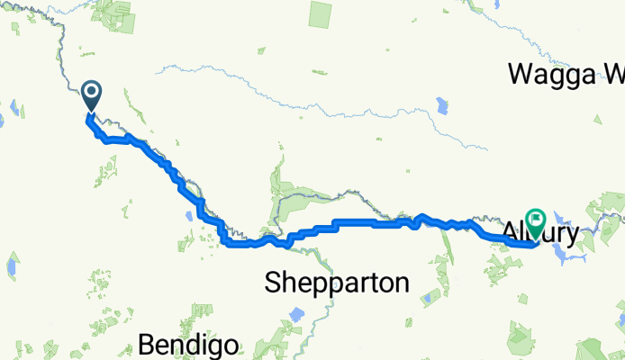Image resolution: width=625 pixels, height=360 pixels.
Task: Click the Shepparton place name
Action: coord(337,283)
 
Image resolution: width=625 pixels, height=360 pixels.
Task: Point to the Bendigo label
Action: coord(189,344)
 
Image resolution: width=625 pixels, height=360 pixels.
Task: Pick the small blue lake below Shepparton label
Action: coord(295,317)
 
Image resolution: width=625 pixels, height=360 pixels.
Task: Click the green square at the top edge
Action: coord(321,13)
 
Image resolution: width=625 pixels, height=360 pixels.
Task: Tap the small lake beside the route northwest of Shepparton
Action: coord(187,214)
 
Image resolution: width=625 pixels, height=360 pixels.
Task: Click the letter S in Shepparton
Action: coord(272,283)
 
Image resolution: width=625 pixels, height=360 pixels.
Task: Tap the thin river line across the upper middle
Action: coord(270,85)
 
